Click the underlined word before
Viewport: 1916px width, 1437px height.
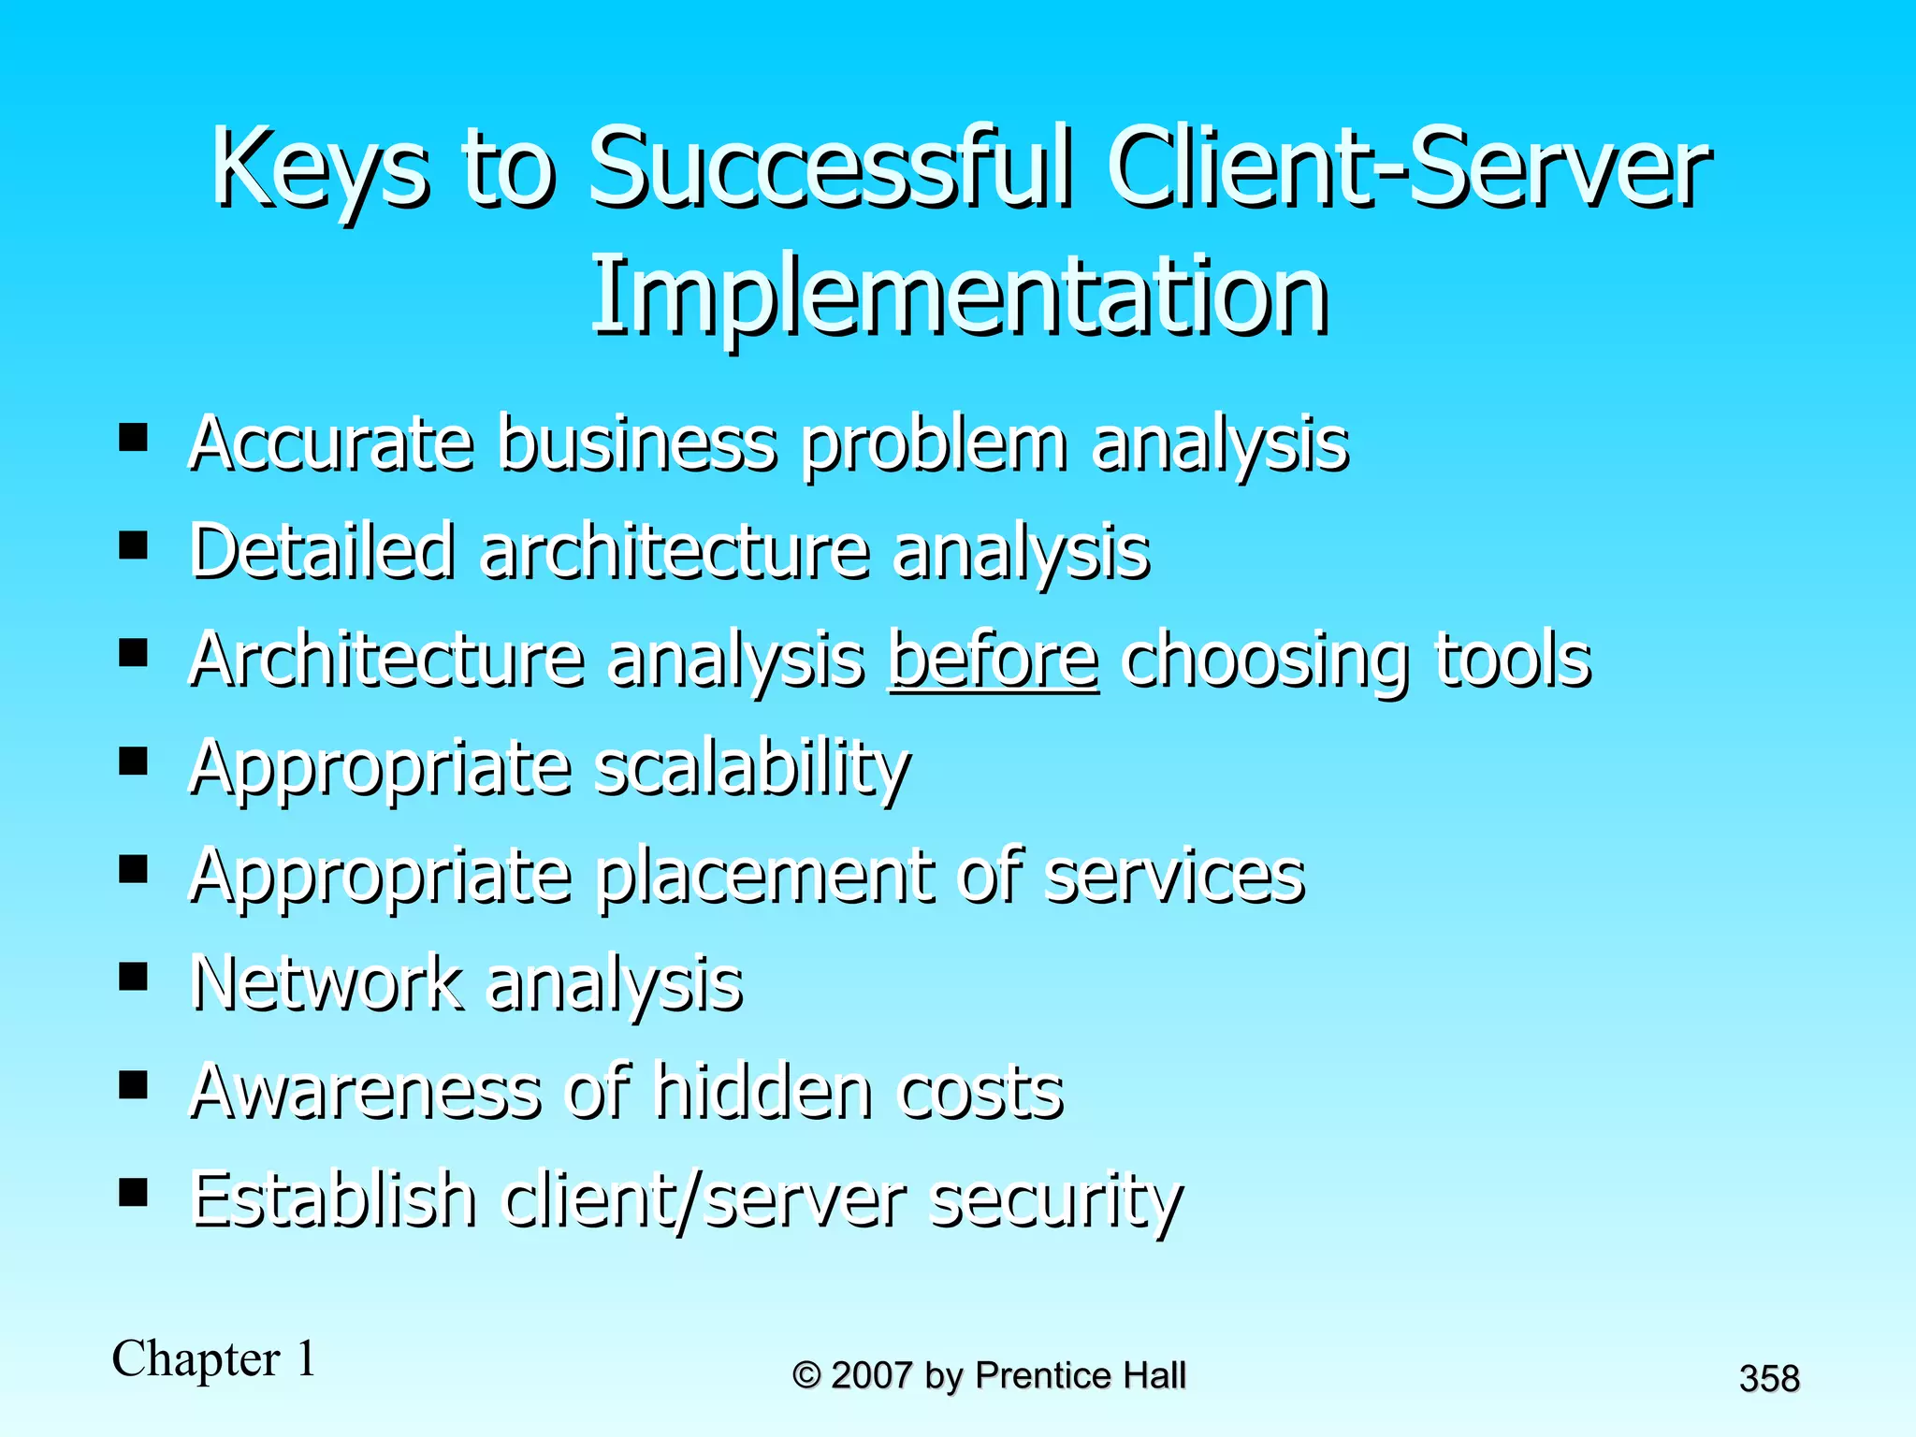pos(993,660)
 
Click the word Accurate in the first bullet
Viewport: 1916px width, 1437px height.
pos(331,443)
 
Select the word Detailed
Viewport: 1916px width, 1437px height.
pos(322,552)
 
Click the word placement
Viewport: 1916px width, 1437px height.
pos(764,878)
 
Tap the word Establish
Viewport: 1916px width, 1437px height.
pos(333,1200)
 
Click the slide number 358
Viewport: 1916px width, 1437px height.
pos(1769,1379)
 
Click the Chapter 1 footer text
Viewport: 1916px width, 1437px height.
pos(214,1359)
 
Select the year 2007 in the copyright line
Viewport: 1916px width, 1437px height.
pos(871,1376)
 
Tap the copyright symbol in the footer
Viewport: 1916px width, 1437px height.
pos(806,1376)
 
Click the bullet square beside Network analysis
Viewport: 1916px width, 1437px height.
pos(134,978)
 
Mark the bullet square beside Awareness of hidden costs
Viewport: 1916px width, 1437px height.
pos(134,1085)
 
